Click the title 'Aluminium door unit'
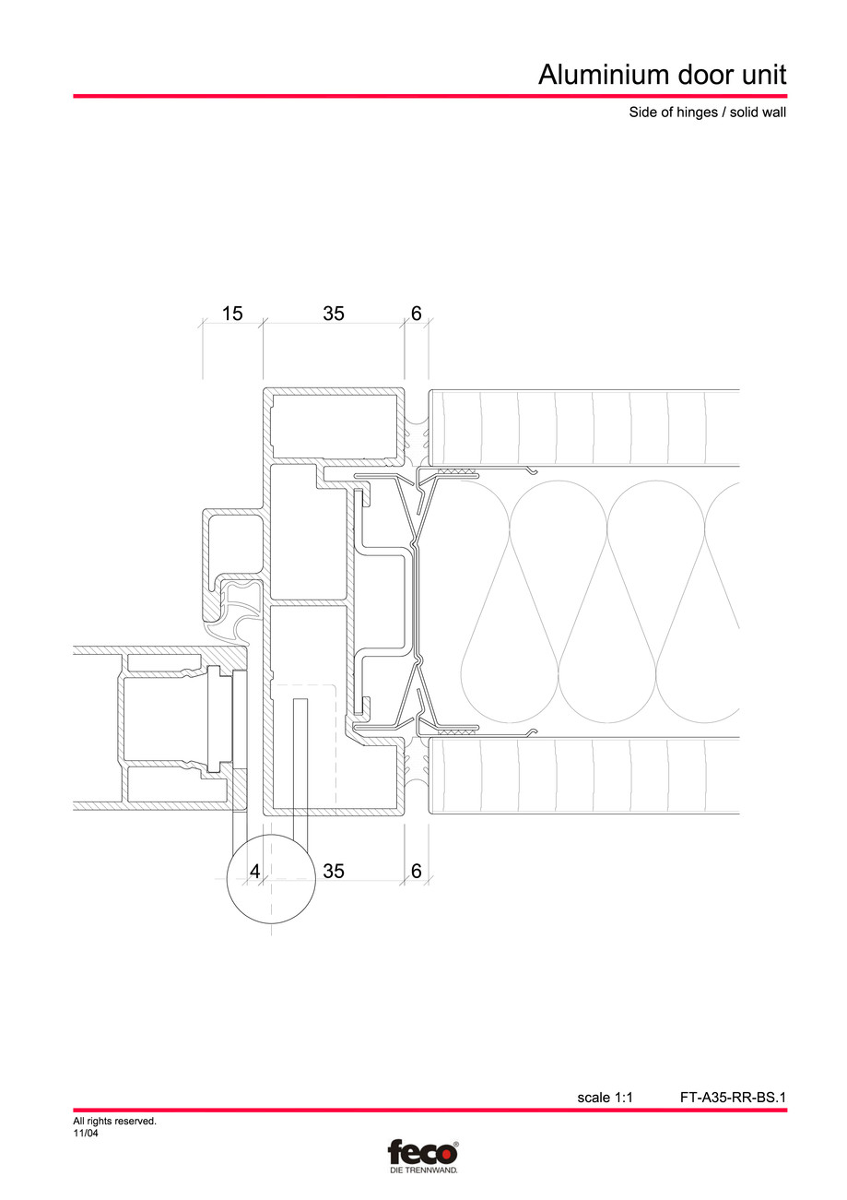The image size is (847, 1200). coord(662,75)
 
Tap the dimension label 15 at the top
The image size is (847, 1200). coord(232,314)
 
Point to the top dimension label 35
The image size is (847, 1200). coord(334,314)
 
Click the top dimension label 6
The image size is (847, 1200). coord(416,314)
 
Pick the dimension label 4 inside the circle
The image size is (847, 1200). coord(254,871)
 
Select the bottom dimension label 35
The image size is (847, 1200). coord(334,871)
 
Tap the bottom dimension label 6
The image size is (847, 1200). coord(416,871)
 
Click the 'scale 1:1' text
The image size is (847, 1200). coord(605,1098)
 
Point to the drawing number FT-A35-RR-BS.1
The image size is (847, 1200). coord(733,1098)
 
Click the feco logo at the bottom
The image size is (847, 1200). coord(422,1152)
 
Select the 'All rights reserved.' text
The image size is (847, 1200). coord(114,1122)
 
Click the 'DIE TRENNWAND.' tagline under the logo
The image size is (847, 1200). coord(422,1170)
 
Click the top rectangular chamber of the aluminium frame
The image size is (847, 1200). coord(337,422)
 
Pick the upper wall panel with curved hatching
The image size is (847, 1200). coord(585,427)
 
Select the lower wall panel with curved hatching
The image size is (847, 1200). coord(585,776)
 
